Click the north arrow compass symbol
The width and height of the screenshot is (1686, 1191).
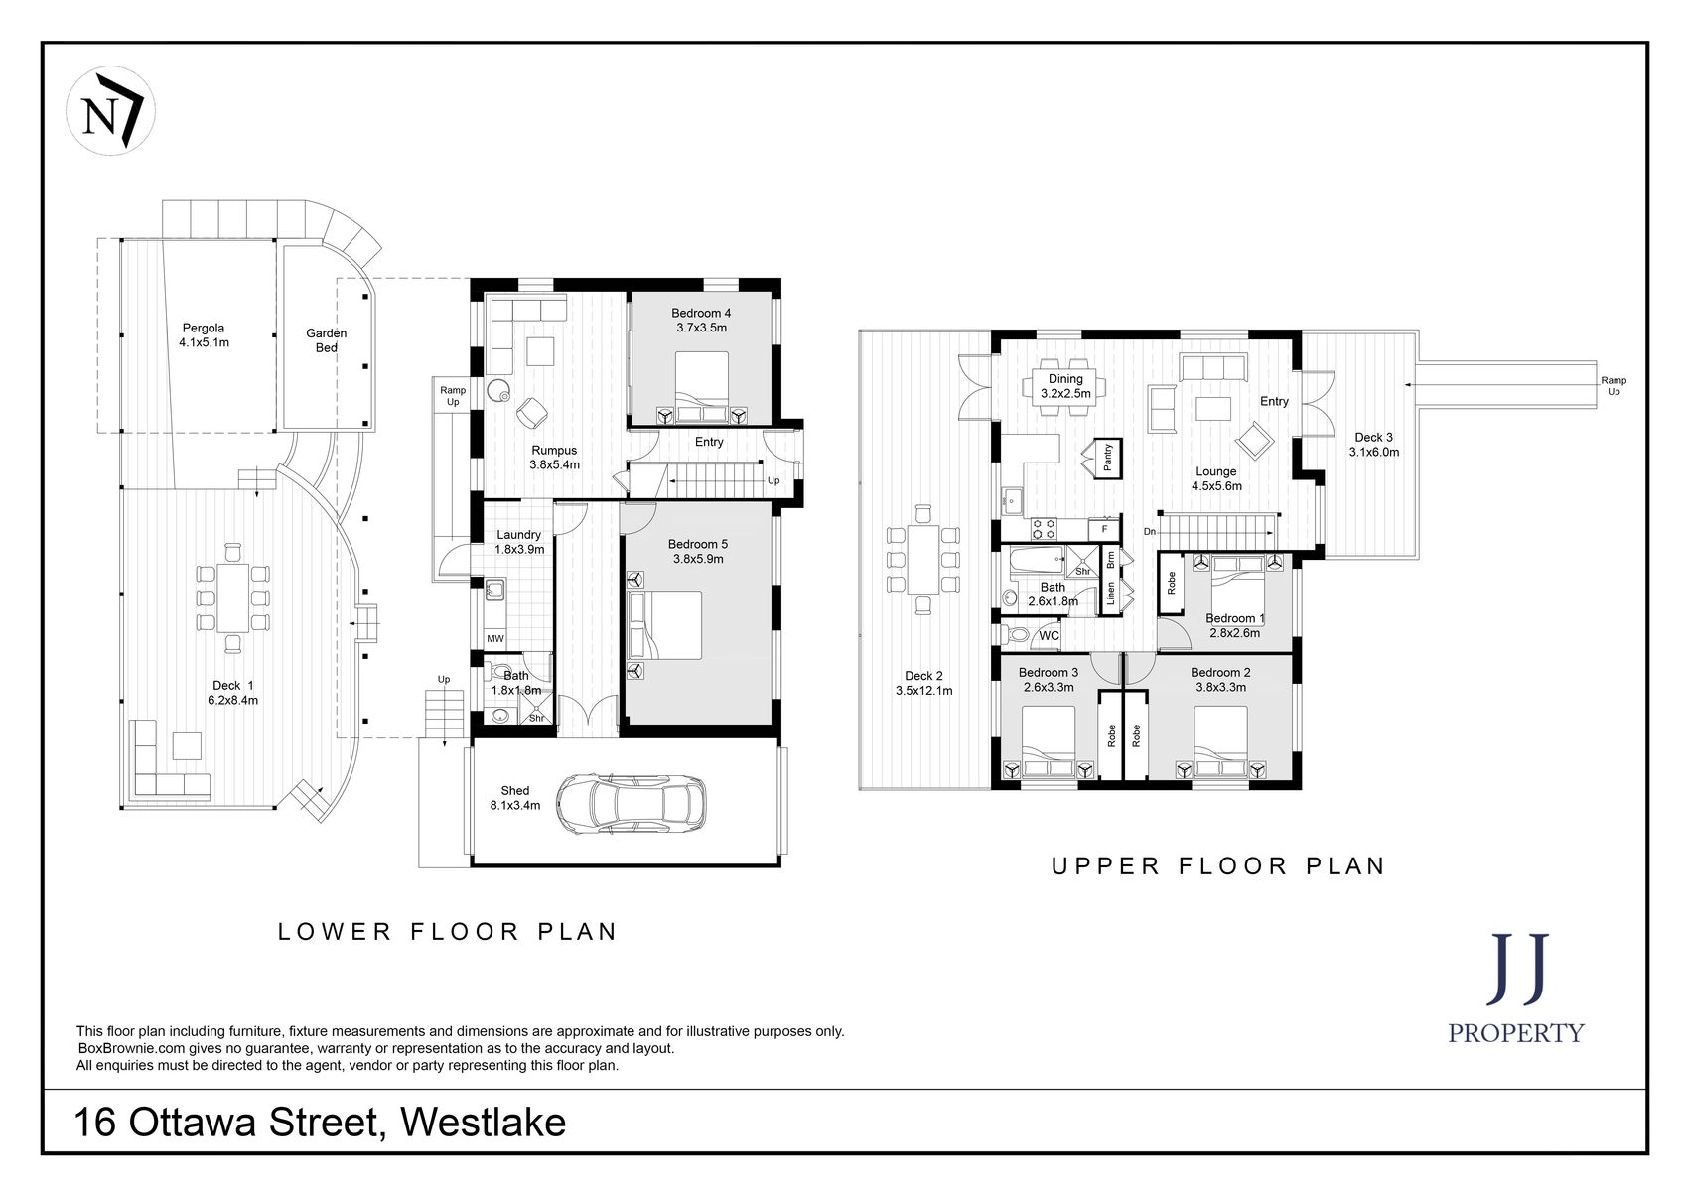click(x=110, y=111)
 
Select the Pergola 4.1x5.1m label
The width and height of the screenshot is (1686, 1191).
click(x=204, y=335)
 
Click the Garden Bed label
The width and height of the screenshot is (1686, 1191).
click(x=327, y=340)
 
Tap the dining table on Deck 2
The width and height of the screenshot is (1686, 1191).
click(x=924, y=559)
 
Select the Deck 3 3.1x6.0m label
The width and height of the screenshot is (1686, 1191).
click(x=1373, y=444)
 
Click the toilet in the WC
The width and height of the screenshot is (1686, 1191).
click(x=1015, y=634)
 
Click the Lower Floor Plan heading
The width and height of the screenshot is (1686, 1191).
click(x=448, y=931)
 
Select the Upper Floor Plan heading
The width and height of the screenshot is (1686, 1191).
click(x=1217, y=865)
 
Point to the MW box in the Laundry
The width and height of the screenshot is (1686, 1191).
click(x=494, y=638)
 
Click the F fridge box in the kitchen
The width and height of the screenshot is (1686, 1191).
click(x=1104, y=530)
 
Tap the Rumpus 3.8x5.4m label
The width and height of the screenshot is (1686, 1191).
click(x=554, y=457)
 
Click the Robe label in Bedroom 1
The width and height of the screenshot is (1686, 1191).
click(x=1172, y=583)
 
